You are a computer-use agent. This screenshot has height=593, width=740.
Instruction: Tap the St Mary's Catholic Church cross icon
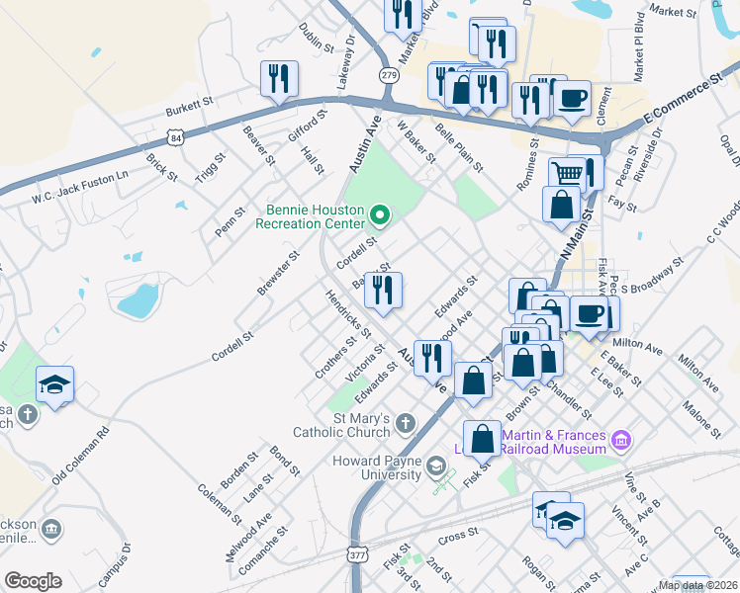405,424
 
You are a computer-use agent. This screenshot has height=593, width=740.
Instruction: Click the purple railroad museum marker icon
621,439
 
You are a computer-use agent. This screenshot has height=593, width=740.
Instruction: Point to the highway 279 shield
388,75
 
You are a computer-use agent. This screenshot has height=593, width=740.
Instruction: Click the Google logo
33,581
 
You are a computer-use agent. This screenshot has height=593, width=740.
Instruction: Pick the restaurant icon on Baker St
384,289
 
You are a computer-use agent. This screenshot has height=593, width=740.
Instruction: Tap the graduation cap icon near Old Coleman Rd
55,383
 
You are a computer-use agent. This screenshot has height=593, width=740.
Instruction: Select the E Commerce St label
684,103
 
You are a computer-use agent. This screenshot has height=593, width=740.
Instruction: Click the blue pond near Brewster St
138,299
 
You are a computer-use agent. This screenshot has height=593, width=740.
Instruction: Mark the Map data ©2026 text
697,585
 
